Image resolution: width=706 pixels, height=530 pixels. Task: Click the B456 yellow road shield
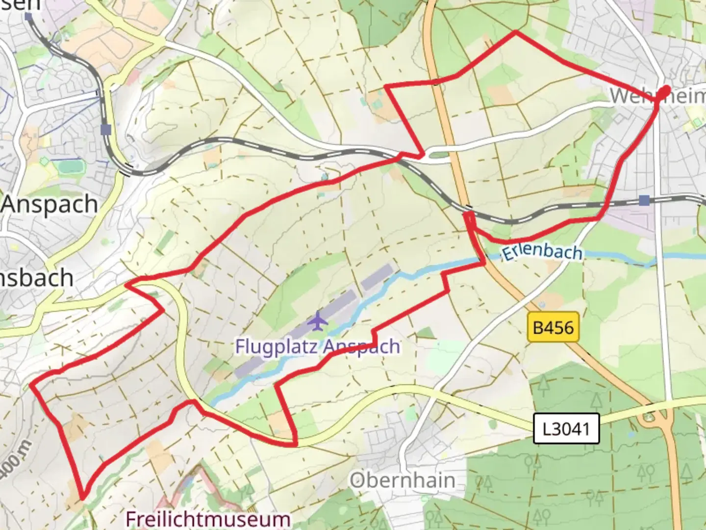554,327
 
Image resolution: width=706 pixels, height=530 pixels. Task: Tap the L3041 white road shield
566,429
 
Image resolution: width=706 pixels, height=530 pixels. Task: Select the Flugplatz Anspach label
317,346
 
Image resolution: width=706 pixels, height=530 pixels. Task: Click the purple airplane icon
319,321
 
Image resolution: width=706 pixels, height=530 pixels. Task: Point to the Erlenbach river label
542,252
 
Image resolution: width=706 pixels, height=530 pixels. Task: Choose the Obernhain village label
402,480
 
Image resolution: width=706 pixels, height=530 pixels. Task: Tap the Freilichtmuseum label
208,519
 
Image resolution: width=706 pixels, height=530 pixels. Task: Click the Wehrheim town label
657,96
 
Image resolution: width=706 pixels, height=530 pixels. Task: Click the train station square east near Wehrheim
644,200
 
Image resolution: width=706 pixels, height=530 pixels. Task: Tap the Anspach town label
49,204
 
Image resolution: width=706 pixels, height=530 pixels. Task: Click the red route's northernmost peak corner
515,32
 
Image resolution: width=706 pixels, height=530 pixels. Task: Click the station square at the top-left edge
28,16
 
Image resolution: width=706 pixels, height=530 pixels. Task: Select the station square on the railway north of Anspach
105,130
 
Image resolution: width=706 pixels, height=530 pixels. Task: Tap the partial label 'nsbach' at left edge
37,278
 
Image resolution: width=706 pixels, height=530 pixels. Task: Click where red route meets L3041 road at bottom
296,444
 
